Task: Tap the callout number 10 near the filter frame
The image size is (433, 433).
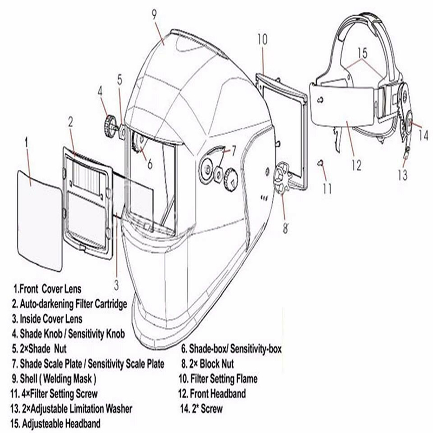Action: (262, 40)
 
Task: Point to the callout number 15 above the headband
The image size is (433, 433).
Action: (362, 54)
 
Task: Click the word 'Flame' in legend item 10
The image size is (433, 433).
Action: (245, 379)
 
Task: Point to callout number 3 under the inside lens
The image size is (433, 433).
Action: (115, 282)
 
